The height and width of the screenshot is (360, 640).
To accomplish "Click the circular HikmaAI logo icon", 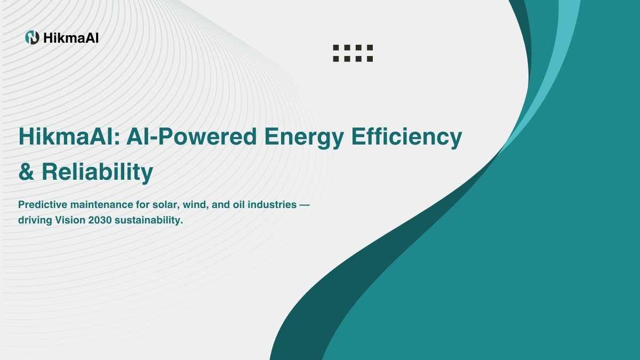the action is [32, 37].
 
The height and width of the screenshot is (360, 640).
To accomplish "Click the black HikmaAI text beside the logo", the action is [71, 38].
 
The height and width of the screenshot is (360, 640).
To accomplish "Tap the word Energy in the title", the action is [303, 138].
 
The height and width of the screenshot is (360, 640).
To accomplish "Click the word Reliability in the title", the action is [98, 172].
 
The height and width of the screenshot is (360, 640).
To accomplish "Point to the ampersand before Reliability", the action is [26, 172].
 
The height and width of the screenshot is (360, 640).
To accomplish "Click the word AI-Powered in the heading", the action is [191, 137].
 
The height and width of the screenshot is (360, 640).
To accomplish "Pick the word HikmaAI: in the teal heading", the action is [69, 137].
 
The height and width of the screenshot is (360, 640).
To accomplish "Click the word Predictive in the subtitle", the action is [43, 205].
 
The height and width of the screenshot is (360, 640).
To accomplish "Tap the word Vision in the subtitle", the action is [70, 220].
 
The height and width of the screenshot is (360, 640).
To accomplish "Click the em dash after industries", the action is [305, 205].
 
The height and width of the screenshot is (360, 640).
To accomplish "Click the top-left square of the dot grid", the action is [336, 47].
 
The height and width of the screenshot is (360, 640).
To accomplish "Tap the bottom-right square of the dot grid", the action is [370, 59].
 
